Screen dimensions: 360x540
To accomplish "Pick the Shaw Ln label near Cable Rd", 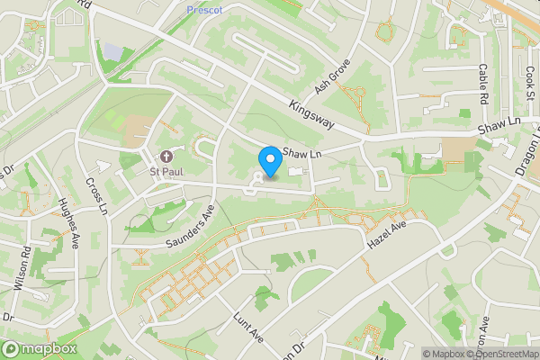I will tap(500, 127).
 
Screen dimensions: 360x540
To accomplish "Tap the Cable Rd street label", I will tap(482, 83).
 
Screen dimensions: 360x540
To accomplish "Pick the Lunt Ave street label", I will tap(247, 328).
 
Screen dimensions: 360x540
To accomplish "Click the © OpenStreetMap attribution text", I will tap(500, 354).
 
